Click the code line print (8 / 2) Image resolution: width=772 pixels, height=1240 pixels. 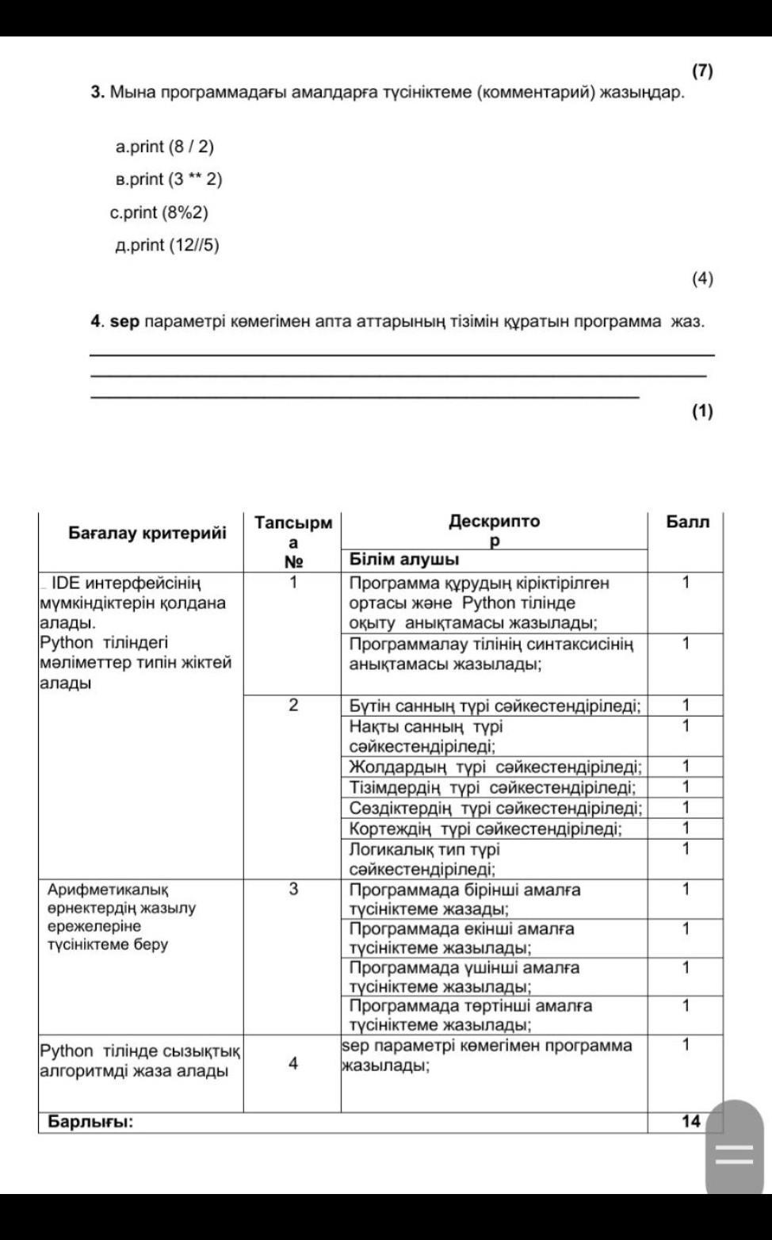[165, 147]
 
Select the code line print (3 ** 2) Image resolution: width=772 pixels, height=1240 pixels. [169, 179]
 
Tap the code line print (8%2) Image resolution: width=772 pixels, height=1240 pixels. [159, 212]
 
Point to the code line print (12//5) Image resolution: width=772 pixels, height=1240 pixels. [167, 245]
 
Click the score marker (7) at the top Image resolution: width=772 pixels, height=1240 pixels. [702, 71]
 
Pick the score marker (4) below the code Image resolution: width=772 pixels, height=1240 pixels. [702, 278]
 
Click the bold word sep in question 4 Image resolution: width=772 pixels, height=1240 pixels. [124, 322]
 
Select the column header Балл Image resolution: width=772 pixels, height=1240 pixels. [687, 522]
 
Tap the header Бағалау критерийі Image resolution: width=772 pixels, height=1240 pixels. [147, 532]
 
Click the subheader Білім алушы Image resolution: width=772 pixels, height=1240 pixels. [404, 560]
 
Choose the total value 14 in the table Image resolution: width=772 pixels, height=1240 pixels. [690, 1121]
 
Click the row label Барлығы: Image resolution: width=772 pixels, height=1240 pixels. [90, 1121]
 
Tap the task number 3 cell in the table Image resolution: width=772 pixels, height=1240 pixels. [293, 889]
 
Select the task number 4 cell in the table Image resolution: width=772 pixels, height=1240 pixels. [293, 1063]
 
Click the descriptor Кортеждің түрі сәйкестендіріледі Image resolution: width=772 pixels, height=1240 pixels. [485, 829]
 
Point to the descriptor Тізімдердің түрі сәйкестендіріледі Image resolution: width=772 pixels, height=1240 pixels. [492, 787]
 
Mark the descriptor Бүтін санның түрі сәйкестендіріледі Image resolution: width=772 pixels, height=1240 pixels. [495, 706]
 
